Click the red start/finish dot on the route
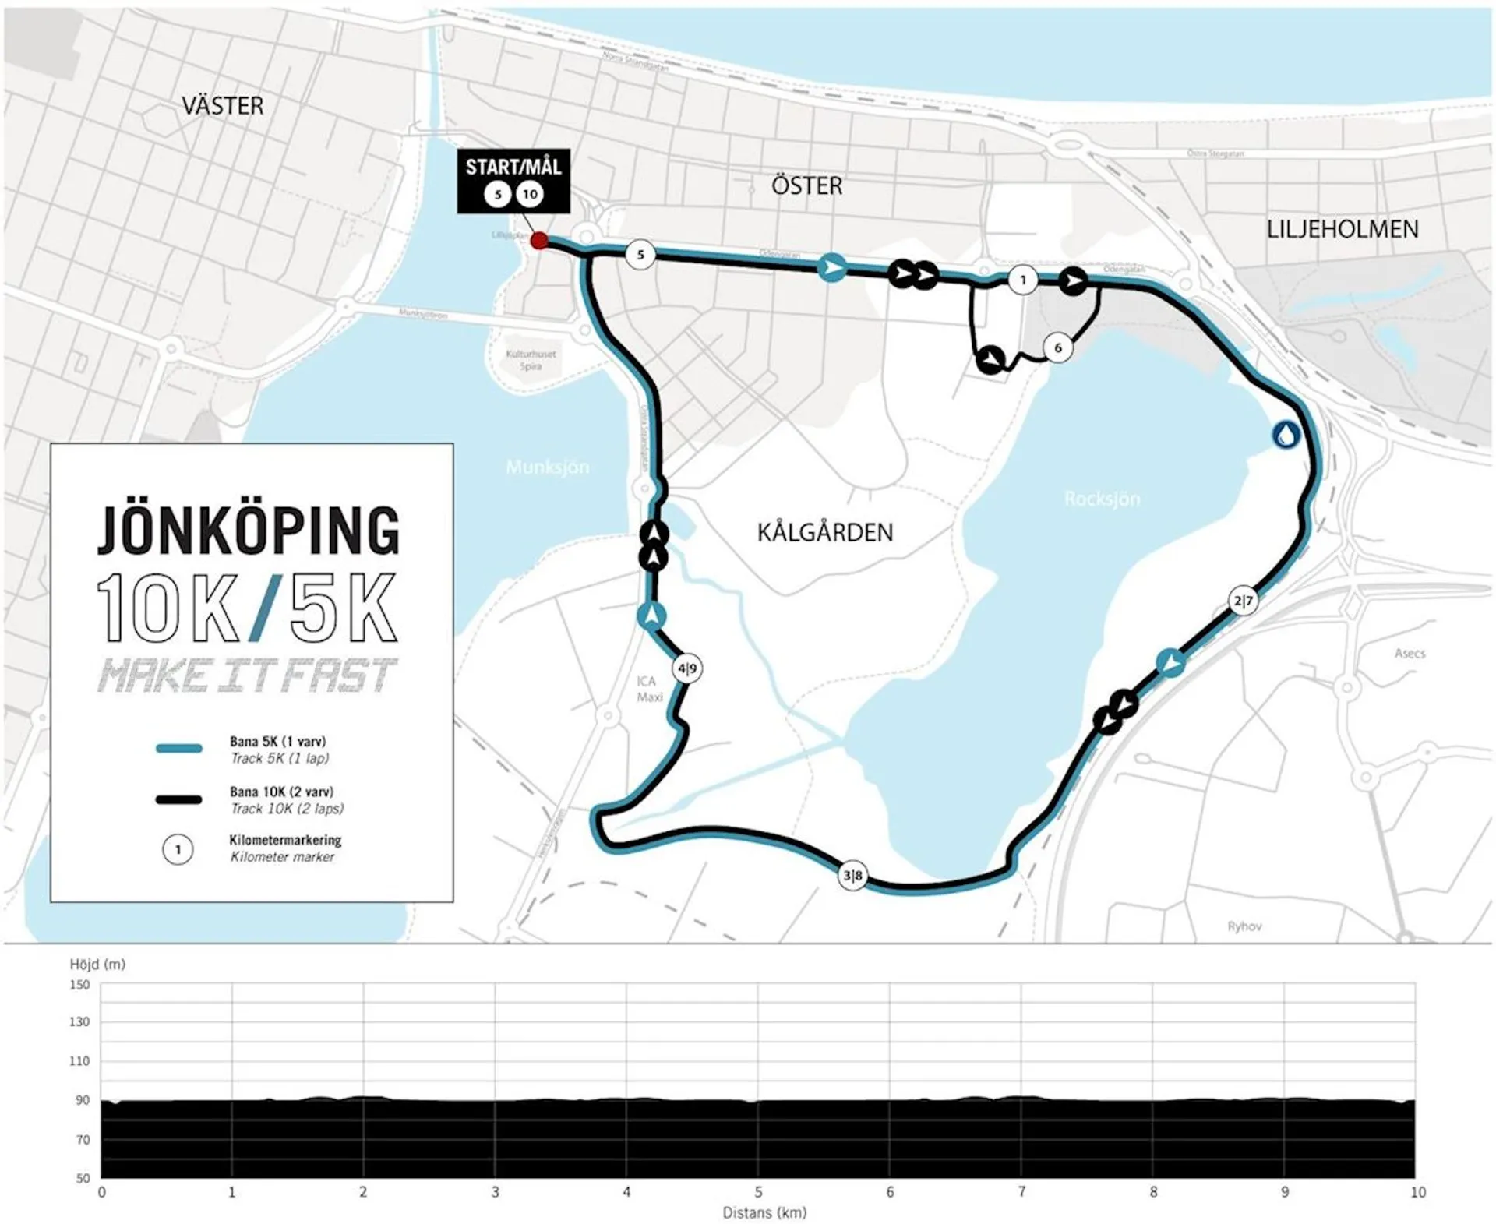point(538,241)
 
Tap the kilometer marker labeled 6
point(1057,347)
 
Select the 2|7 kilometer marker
point(1243,601)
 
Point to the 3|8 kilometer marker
point(852,875)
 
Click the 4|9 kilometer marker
point(686,668)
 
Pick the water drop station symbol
point(1286,435)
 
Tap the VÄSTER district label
point(222,106)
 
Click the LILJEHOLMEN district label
point(1342,229)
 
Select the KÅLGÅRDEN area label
point(824,533)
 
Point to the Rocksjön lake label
point(1102,499)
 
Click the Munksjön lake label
point(547,467)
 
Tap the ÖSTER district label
point(806,186)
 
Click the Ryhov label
point(1244,926)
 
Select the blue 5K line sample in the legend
point(178,749)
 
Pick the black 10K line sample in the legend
point(178,799)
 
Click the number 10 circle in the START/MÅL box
point(530,194)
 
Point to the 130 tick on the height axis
point(79,1021)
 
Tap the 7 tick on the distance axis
point(1021,1192)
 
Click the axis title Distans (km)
point(764,1213)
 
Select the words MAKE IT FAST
point(247,675)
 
